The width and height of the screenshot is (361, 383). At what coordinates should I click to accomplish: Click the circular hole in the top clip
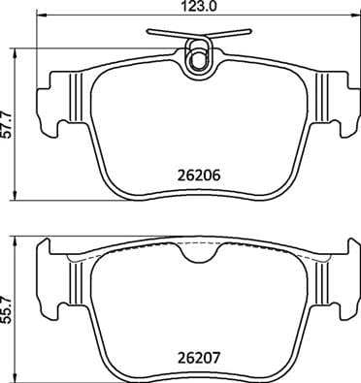199,60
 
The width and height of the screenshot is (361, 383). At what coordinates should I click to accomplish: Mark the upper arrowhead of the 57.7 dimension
21,48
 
